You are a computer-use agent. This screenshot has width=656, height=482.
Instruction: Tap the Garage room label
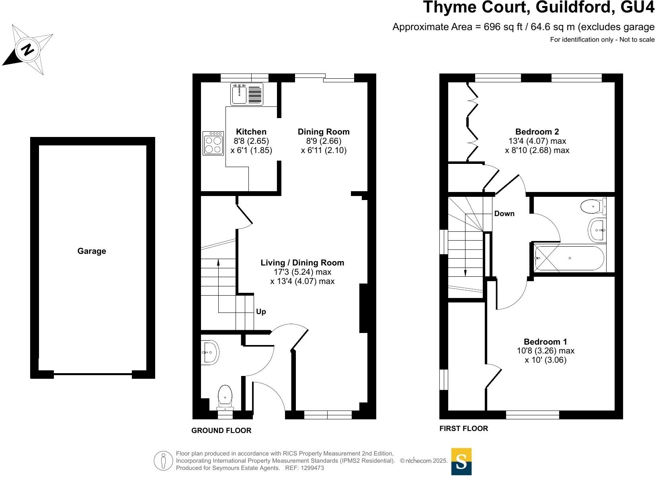pyautogui.click(x=92, y=251)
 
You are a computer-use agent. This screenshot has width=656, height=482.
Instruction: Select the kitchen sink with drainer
pyautogui.click(x=246, y=94)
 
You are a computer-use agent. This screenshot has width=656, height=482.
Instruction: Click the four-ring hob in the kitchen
pyautogui.click(x=213, y=143)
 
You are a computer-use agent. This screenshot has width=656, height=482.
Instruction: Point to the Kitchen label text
pyautogui.click(x=251, y=132)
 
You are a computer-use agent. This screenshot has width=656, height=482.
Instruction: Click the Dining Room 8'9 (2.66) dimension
pyautogui.click(x=324, y=141)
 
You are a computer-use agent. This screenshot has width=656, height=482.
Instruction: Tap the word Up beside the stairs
pyautogui.click(x=261, y=312)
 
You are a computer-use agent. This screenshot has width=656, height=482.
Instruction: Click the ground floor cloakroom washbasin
pyautogui.click(x=210, y=353)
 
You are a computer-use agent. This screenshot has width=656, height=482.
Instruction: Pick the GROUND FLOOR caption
pyautogui.click(x=221, y=431)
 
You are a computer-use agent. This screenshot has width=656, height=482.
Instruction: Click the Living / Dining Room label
pyautogui.click(x=302, y=263)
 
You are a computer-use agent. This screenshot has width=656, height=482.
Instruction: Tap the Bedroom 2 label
pyautogui.click(x=537, y=132)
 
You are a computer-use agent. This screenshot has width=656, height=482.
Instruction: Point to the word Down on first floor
pyautogui.click(x=504, y=214)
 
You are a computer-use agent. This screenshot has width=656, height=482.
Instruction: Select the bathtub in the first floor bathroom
pyautogui.click(x=569, y=258)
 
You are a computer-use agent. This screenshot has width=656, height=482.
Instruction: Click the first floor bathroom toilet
pyautogui.click(x=593, y=206)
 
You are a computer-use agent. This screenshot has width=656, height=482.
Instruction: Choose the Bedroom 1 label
pyautogui.click(x=545, y=342)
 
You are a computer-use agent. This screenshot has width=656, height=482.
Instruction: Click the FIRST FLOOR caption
pyautogui.click(x=463, y=429)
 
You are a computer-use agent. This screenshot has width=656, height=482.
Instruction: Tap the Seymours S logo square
pyautogui.click(x=461, y=462)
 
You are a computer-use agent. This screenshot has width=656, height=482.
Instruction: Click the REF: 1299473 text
pyautogui.click(x=304, y=468)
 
